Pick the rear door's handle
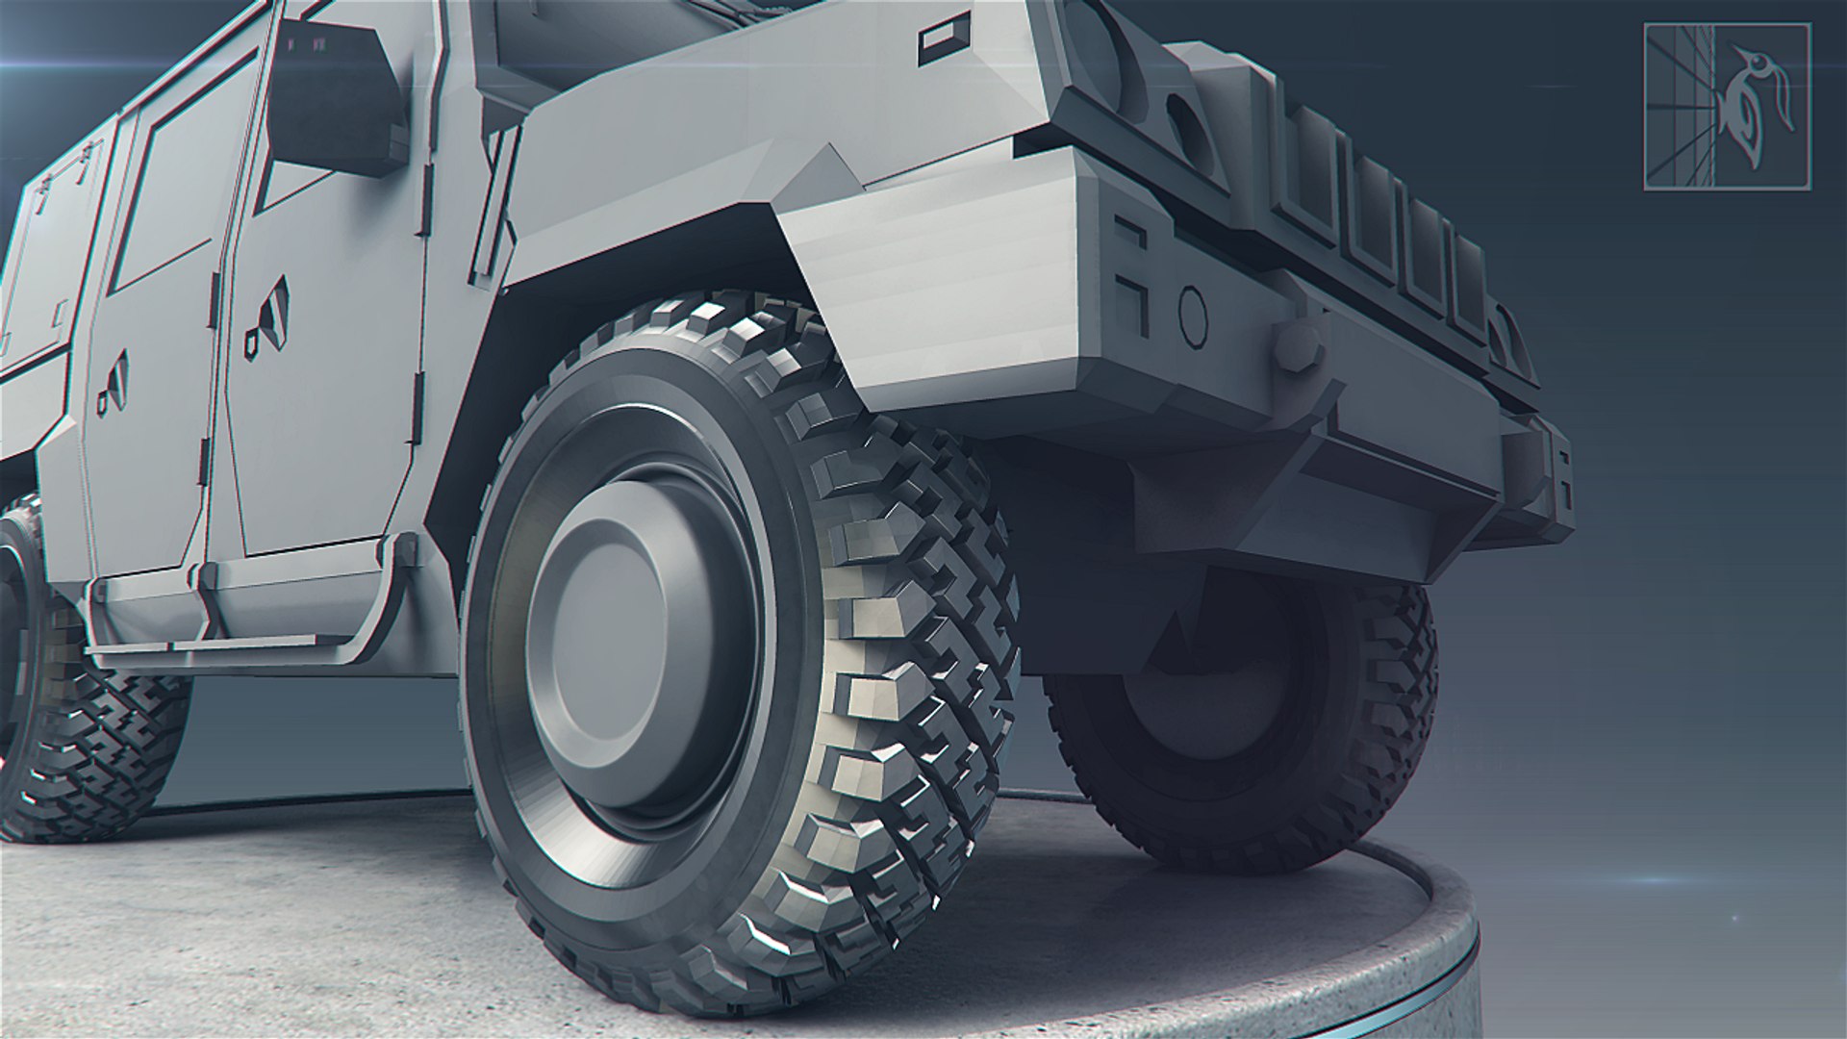tap(114, 385)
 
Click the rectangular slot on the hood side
tap(939, 42)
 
